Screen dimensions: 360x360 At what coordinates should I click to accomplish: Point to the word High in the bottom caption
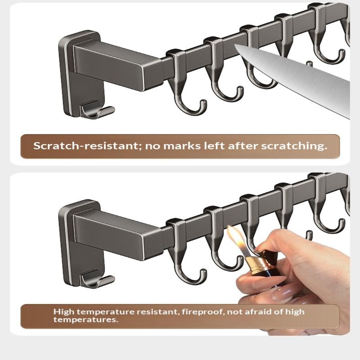pos(64,312)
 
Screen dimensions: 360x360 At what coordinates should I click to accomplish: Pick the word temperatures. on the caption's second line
pos(86,319)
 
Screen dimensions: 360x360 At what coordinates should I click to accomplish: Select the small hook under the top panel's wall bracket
pos(97,110)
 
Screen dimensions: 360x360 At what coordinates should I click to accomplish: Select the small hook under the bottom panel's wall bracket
pos(97,279)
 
